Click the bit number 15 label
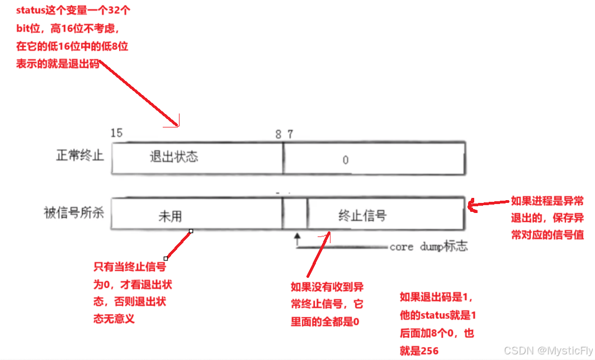(x=117, y=133)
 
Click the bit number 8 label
(x=278, y=134)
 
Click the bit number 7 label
(x=290, y=134)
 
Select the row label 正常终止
(x=80, y=155)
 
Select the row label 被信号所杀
(x=74, y=212)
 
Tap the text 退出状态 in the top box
(x=174, y=157)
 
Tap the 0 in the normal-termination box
(x=346, y=160)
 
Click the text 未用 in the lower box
(x=170, y=216)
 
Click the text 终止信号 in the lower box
(x=362, y=215)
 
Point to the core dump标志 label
(x=428, y=247)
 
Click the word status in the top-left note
(x=30, y=11)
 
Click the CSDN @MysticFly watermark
(x=548, y=350)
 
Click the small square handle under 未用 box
(x=191, y=230)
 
